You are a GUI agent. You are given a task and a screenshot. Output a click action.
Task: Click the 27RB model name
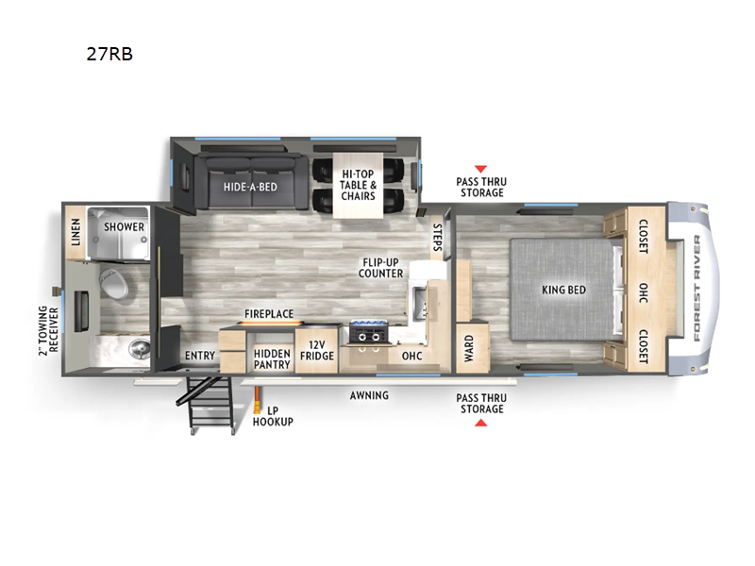[109, 54]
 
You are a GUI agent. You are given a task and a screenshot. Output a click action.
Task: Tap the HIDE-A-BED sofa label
[250, 187]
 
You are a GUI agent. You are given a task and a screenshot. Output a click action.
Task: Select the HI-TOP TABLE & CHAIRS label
[358, 185]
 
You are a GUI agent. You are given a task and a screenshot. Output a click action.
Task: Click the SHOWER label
[125, 226]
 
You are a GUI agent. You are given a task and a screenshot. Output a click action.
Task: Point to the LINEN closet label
[75, 232]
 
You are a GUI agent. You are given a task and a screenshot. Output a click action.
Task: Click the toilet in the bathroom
[113, 284]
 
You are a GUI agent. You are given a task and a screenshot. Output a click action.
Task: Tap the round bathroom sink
[140, 347]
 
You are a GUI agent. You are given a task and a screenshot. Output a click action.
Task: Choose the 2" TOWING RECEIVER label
[48, 330]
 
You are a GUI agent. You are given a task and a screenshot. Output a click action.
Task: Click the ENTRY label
[200, 356]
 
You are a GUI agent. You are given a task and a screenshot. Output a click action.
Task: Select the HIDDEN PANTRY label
[272, 359]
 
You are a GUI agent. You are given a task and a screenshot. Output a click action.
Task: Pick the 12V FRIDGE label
[317, 350]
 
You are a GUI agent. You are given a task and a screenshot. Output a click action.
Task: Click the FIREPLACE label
[269, 314]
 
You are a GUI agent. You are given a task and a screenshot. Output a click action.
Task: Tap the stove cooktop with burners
[369, 333]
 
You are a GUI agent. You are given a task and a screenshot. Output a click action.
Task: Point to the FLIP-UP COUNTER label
[380, 268]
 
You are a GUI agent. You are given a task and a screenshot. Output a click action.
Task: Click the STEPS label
[437, 238]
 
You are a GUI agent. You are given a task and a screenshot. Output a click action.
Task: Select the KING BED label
[563, 290]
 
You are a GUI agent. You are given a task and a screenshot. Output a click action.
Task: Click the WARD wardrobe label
[469, 348]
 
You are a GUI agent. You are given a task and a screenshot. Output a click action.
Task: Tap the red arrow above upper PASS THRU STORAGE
[480, 169]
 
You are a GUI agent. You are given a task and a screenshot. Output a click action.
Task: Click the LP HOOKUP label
[273, 416]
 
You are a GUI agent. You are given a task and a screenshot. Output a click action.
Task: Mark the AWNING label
[369, 395]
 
